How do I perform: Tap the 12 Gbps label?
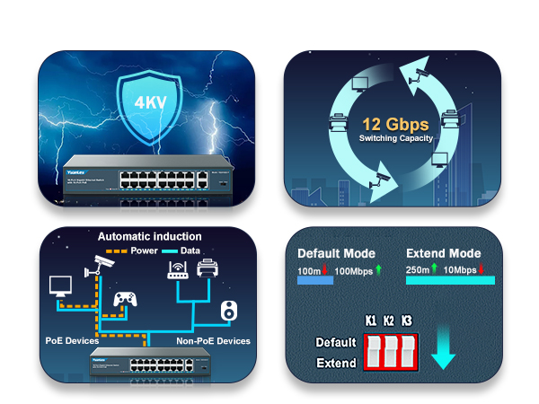[396, 124]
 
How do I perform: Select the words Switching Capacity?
[396, 139]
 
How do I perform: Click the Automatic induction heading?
[149, 236]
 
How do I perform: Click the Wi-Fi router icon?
[177, 270]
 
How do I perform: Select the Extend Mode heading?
[444, 253]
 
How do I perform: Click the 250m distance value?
[419, 268]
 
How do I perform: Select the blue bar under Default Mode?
[314, 281]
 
